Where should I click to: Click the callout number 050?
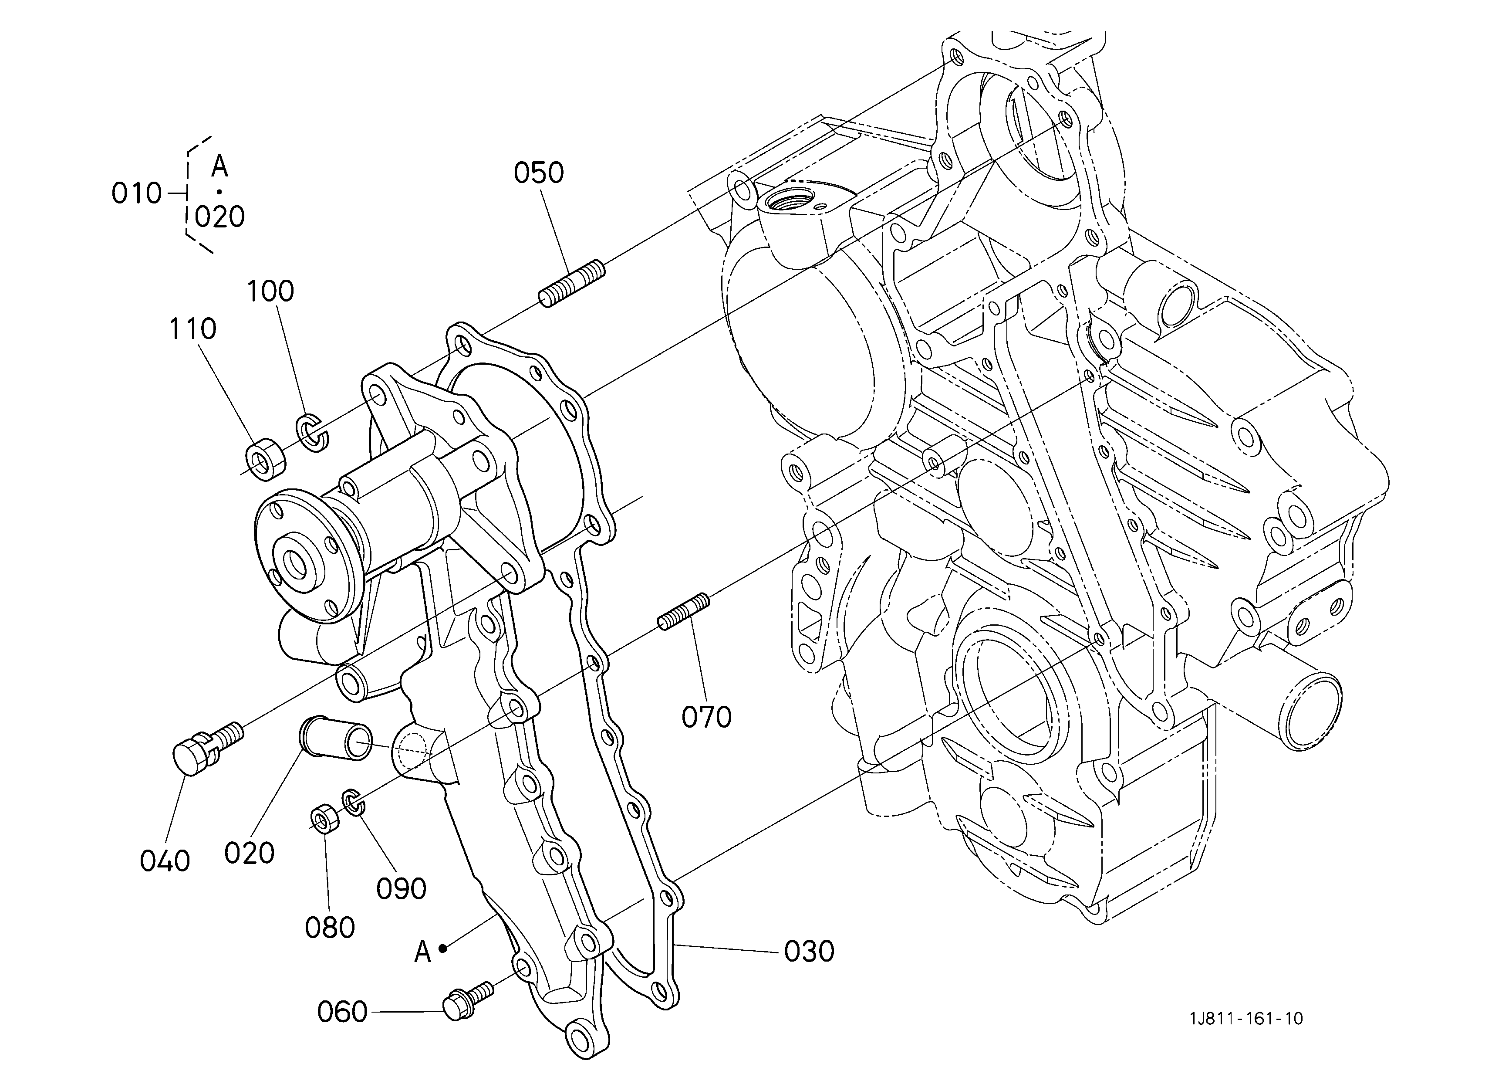click(538, 173)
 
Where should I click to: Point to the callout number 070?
click(707, 718)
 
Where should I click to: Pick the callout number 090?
click(402, 889)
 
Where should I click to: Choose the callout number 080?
click(330, 927)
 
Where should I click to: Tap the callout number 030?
click(809, 952)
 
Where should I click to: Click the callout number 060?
click(342, 1012)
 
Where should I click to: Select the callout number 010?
click(136, 193)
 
